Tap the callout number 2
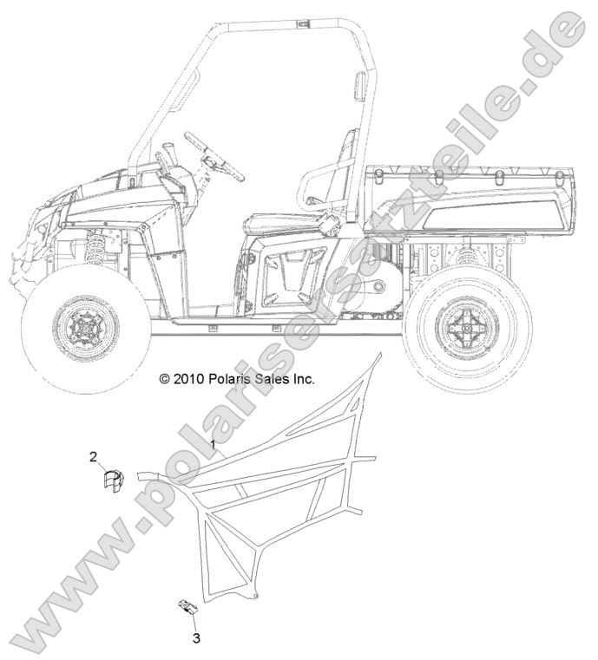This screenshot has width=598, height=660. (x=94, y=457)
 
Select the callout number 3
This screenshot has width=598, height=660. (x=196, y=638)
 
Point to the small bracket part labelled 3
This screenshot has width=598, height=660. (x=187, y=606)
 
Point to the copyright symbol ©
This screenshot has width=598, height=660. (x=164, y=379)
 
